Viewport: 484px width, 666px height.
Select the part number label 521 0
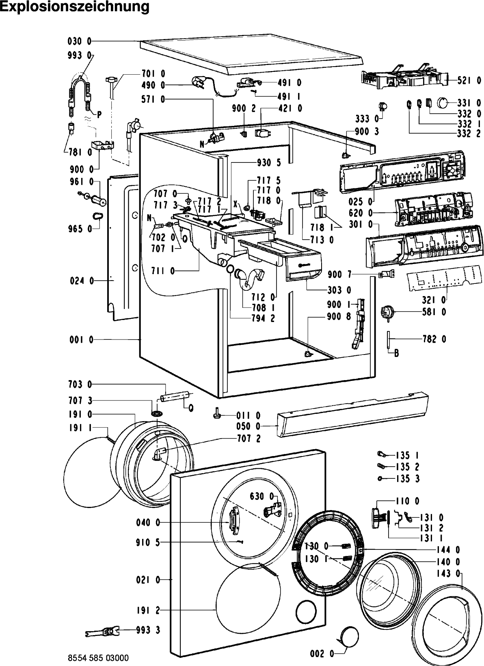click(x=469, y=80)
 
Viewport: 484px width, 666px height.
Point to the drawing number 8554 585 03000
click(x=98, y=658)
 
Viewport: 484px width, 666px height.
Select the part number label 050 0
click(x=248, y=426)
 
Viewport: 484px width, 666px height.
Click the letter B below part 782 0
click(x=396, y=354)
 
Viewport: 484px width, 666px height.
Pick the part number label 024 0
click(x=82, y=280)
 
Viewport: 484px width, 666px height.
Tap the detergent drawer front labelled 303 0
click(x=303, y=268)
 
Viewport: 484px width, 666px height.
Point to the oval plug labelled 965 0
click(x=97, y=215)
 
